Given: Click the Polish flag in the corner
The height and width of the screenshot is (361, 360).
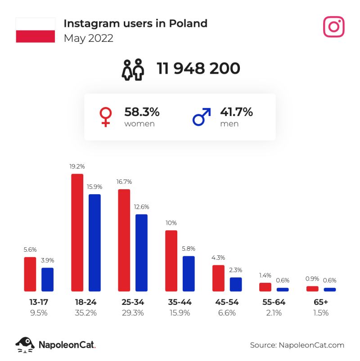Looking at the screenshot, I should [35, 30].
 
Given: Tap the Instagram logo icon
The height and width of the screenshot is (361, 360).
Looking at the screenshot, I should [333, 27].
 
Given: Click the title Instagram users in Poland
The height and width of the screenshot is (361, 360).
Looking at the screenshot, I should [135, 23].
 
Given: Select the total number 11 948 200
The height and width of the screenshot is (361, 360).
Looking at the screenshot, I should [198, 68].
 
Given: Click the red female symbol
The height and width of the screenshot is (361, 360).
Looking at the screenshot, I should [105, 116].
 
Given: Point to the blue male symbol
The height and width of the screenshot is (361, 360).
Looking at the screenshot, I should [201, 116].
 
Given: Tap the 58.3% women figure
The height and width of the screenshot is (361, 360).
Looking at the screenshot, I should [142, 112].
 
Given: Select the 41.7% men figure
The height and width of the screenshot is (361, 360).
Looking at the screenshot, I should [236, 112].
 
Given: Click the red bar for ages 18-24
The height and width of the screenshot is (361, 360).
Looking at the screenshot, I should [77, 232].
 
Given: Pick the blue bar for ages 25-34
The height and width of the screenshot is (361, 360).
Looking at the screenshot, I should [142, 253].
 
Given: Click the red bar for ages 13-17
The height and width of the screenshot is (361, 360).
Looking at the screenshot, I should [30, 274].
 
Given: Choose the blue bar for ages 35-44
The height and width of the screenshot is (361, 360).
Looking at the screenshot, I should [189, 274].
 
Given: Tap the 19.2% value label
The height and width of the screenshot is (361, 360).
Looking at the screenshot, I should [77, 166].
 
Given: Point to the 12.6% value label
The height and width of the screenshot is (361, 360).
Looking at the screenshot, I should [142, 207].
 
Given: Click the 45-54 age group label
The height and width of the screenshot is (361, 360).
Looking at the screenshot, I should [230, 302].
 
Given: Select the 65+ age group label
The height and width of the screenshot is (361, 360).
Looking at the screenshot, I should [321, 302].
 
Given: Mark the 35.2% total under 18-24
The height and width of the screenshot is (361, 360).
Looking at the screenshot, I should [85, 313].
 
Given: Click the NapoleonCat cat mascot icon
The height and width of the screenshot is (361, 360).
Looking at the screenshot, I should [25, 345].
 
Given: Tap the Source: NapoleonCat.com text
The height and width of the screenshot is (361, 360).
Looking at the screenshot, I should [297, 345].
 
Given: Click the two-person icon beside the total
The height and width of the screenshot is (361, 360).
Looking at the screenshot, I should [133, 69].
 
